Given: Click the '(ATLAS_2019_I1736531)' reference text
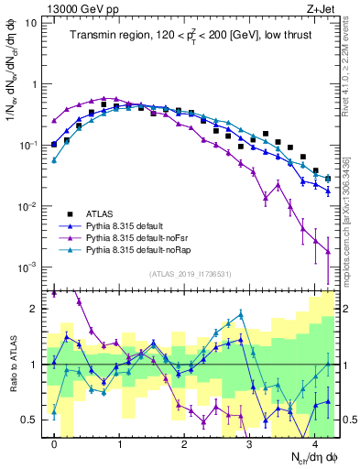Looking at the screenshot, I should tap(191, 275).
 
